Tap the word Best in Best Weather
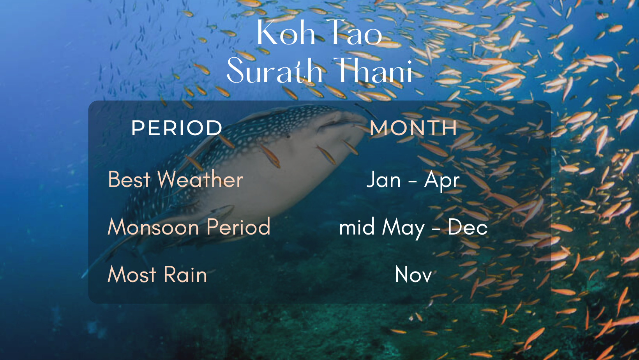coord(129,180)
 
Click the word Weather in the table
coord(200,180)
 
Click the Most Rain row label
coord(157,274)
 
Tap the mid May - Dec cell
coord(413,228)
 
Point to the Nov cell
coord(414,274)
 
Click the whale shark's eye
coord(289,137)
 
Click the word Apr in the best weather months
coord(442,181)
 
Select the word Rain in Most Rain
coord(185,274)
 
